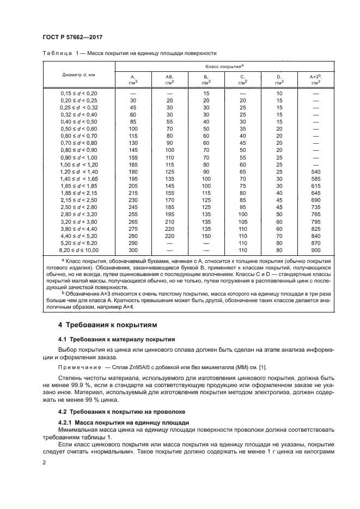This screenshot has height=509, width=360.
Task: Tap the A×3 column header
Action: (x=315, y=79)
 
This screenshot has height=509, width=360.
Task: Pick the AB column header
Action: (x=169, y=79)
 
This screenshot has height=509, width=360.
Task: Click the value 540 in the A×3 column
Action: (x=315, y=171)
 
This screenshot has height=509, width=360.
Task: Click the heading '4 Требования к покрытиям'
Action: (x=108, y=325)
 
